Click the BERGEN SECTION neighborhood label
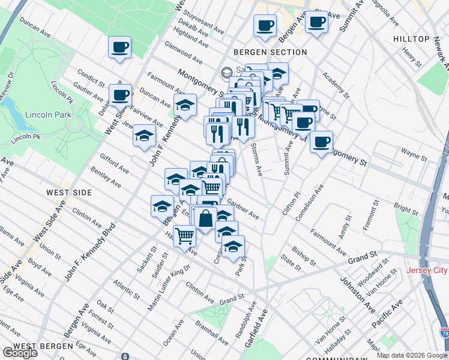271,52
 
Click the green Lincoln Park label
47,115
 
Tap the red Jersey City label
427,271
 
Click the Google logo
20,353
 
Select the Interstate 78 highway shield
444,332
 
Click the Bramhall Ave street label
211,331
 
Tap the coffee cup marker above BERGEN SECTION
265,26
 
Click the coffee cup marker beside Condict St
121,95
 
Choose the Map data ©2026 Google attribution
412,355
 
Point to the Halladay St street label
343,342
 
